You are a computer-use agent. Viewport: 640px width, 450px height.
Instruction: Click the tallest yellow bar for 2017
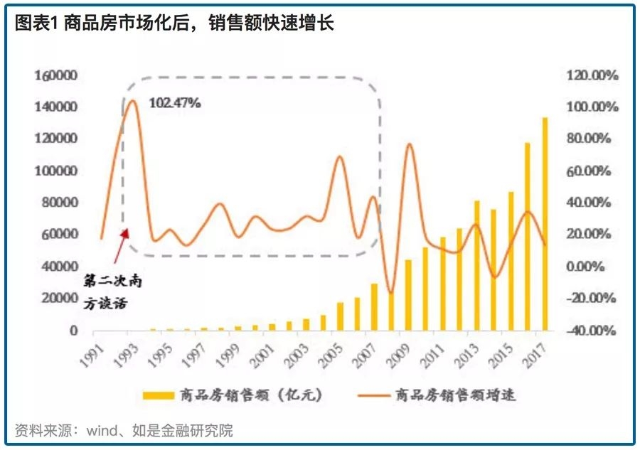point(545,224)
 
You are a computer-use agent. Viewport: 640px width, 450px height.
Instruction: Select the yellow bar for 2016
point(528,237)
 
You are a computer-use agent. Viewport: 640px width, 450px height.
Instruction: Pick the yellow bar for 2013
point(477,266)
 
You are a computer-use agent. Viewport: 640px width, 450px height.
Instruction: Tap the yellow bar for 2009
point(409,295)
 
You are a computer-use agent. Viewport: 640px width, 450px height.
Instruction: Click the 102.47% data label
point(175,102)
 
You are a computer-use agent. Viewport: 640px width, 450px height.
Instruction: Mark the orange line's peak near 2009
point(410,144)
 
